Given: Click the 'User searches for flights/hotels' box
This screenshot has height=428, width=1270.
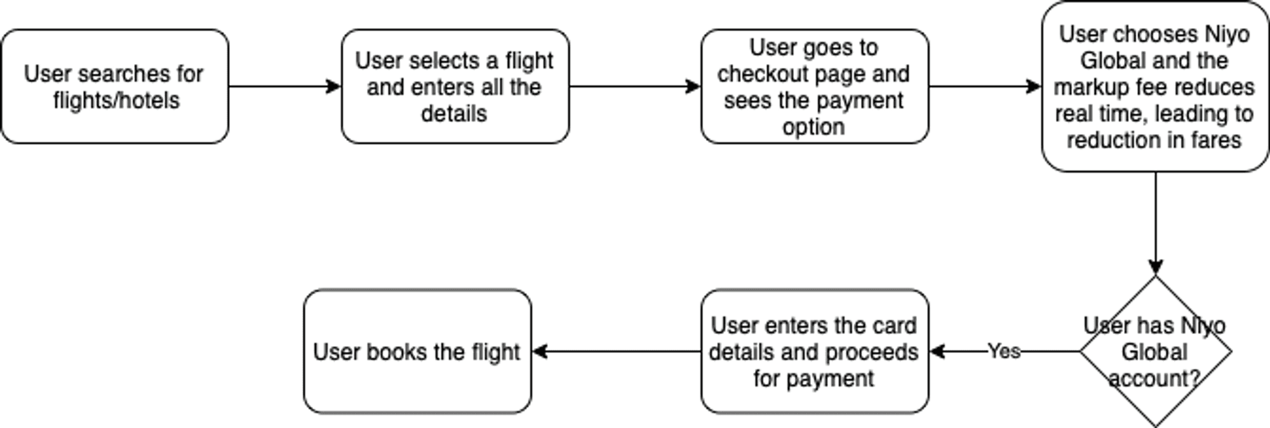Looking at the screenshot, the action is pos(115,86).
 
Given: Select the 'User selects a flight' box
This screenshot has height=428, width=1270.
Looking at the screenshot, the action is pos(455,86).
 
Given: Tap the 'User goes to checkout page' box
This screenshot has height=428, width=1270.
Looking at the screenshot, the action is pos(815,86).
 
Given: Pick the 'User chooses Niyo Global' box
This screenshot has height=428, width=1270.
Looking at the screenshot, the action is pos(1155,86).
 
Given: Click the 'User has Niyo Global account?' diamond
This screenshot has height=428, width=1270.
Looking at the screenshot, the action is pos(1156,351).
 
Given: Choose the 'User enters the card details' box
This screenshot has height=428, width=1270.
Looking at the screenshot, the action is pos(815,351).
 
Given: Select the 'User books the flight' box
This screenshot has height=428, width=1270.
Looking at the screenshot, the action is pos(417,351).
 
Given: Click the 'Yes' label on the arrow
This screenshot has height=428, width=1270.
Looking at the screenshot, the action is pos(1004,351).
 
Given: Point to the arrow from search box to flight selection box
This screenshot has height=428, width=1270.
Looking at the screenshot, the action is pos(285,86).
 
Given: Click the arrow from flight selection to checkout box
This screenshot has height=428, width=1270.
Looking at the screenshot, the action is pos(635,86).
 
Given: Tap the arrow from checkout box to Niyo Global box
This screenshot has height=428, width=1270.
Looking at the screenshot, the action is pos(986,86).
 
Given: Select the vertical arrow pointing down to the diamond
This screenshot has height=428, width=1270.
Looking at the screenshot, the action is pos(1156,223).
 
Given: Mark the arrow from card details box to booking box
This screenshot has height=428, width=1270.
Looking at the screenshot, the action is pos(616,351).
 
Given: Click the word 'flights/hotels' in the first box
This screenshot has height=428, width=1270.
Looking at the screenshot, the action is pos(116,100).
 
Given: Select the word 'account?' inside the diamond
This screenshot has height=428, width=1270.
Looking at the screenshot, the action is pos(1154,378).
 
